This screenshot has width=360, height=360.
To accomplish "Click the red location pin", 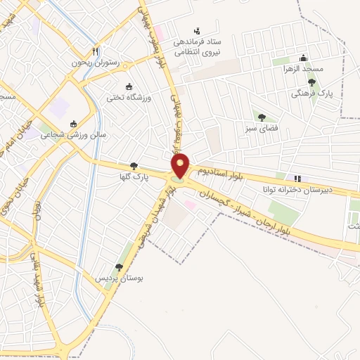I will coord(181,166).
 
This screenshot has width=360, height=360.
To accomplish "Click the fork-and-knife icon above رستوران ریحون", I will coord(96,51).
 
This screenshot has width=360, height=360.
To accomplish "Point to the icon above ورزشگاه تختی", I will coord(128,86).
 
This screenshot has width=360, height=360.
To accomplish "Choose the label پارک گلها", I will coord(134,176).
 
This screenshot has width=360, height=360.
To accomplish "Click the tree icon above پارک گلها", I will coord(134,166).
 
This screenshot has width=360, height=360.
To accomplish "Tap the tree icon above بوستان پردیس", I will coord(119,267).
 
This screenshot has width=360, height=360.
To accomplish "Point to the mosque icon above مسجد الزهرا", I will coord(303,58).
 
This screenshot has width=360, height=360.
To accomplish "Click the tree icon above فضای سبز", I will coord(262,117).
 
